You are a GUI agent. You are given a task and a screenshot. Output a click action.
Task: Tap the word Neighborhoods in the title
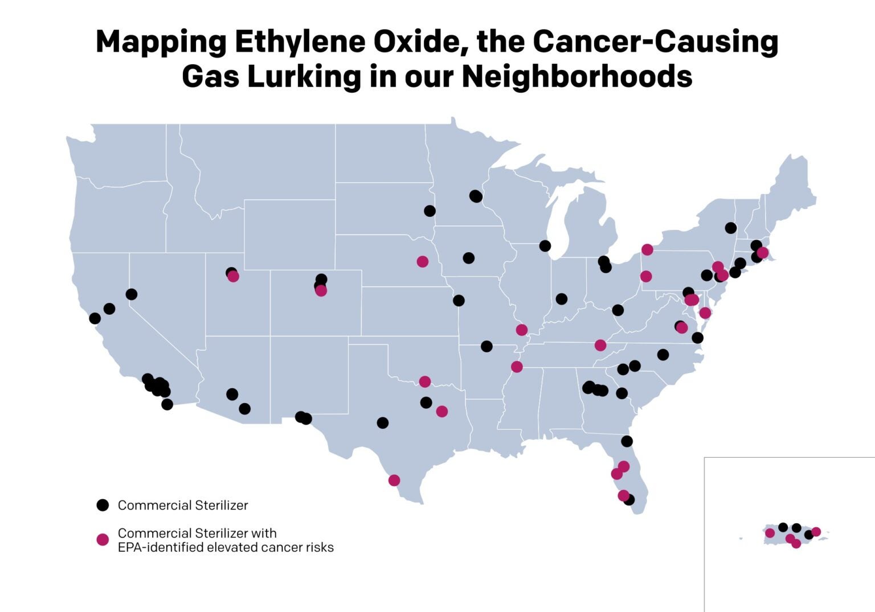tap(576, 77)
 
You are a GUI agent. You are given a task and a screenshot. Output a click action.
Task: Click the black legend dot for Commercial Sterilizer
tap(103, 505)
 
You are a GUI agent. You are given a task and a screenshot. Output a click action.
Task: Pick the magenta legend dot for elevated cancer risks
tap(103, 540)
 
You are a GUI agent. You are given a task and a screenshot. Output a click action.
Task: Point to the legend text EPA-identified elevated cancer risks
tap(226, 548)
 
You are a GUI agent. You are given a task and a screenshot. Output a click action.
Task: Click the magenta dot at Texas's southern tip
tap(394, 480)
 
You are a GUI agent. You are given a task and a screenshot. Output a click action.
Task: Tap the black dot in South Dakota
tap(430, 211)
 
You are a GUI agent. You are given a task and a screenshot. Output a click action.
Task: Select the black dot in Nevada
tap(132, 294)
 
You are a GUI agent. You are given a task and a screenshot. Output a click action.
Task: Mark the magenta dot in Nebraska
tap(422, 261)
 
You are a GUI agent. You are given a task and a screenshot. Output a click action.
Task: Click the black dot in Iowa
tap(469, 258)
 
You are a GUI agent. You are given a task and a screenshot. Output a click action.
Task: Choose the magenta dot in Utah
tap(234, 277)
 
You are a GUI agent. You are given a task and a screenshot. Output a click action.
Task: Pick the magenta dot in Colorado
tap(321, 290)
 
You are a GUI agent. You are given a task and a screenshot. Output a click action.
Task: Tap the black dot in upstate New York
tap(731, 228)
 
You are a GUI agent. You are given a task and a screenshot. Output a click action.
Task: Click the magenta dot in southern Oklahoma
tap(425, 381)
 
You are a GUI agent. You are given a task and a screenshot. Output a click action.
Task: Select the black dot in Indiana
tap(562, 299)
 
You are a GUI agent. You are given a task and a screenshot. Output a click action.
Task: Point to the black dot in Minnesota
tap(476, 196)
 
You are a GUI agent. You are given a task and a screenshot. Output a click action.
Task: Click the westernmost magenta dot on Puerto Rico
tap(770, 533)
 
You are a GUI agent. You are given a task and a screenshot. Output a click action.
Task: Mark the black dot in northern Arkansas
tap(486, 346)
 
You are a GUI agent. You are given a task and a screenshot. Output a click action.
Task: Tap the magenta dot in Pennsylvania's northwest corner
tap(647, 249)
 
